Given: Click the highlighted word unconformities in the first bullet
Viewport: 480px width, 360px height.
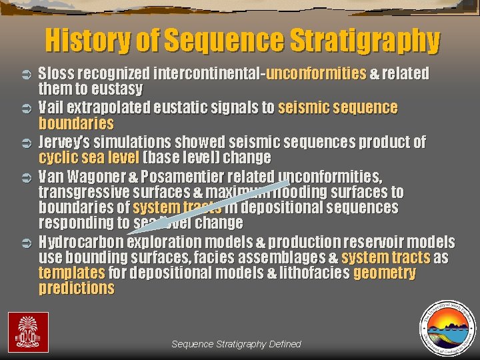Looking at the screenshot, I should coord(315,73).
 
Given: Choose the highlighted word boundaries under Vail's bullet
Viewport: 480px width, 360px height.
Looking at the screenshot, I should coord(76,123).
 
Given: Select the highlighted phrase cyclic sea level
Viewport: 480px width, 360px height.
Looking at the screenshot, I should coord(89,158).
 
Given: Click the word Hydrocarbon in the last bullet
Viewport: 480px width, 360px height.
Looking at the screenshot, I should coord(81,241).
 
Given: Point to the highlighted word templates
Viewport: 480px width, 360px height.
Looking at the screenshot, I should coord(71,273).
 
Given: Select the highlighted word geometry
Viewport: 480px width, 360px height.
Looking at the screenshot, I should coord(385,273).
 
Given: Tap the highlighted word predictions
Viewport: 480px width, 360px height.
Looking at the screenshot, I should coord(76,289).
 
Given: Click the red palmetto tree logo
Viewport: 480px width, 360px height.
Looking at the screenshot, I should coord(28,331).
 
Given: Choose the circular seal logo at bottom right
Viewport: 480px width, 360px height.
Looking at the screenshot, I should coord(446,326).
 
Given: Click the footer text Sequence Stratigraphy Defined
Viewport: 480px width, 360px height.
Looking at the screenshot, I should coord(236,344).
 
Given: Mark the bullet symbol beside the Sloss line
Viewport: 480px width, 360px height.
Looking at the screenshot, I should coord(28,73).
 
